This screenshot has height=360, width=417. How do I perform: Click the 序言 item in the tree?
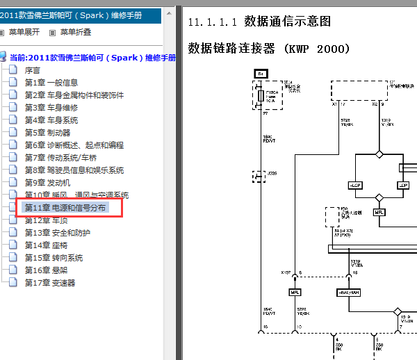point(32,70)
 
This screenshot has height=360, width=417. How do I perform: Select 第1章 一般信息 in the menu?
point(51,83)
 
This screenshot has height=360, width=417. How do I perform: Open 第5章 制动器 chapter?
point(47,133)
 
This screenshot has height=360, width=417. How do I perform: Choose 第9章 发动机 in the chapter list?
point(47,183)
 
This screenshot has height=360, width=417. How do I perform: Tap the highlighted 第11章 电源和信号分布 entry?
point(65,208)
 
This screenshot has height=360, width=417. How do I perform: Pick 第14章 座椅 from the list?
point(46,245)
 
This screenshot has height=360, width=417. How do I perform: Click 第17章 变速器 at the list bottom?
point(50,283)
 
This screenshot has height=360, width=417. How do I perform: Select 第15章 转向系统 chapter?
point(54,258)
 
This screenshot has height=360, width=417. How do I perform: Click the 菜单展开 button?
point(24,32)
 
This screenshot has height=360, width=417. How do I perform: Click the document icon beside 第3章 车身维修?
point(13,108)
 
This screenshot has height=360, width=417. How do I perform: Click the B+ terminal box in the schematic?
point(261,73)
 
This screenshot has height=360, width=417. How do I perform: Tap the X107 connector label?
point(286,272)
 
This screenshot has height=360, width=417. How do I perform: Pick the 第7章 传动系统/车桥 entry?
point(64,158)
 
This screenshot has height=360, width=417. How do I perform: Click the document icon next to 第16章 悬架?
point(13,270)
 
